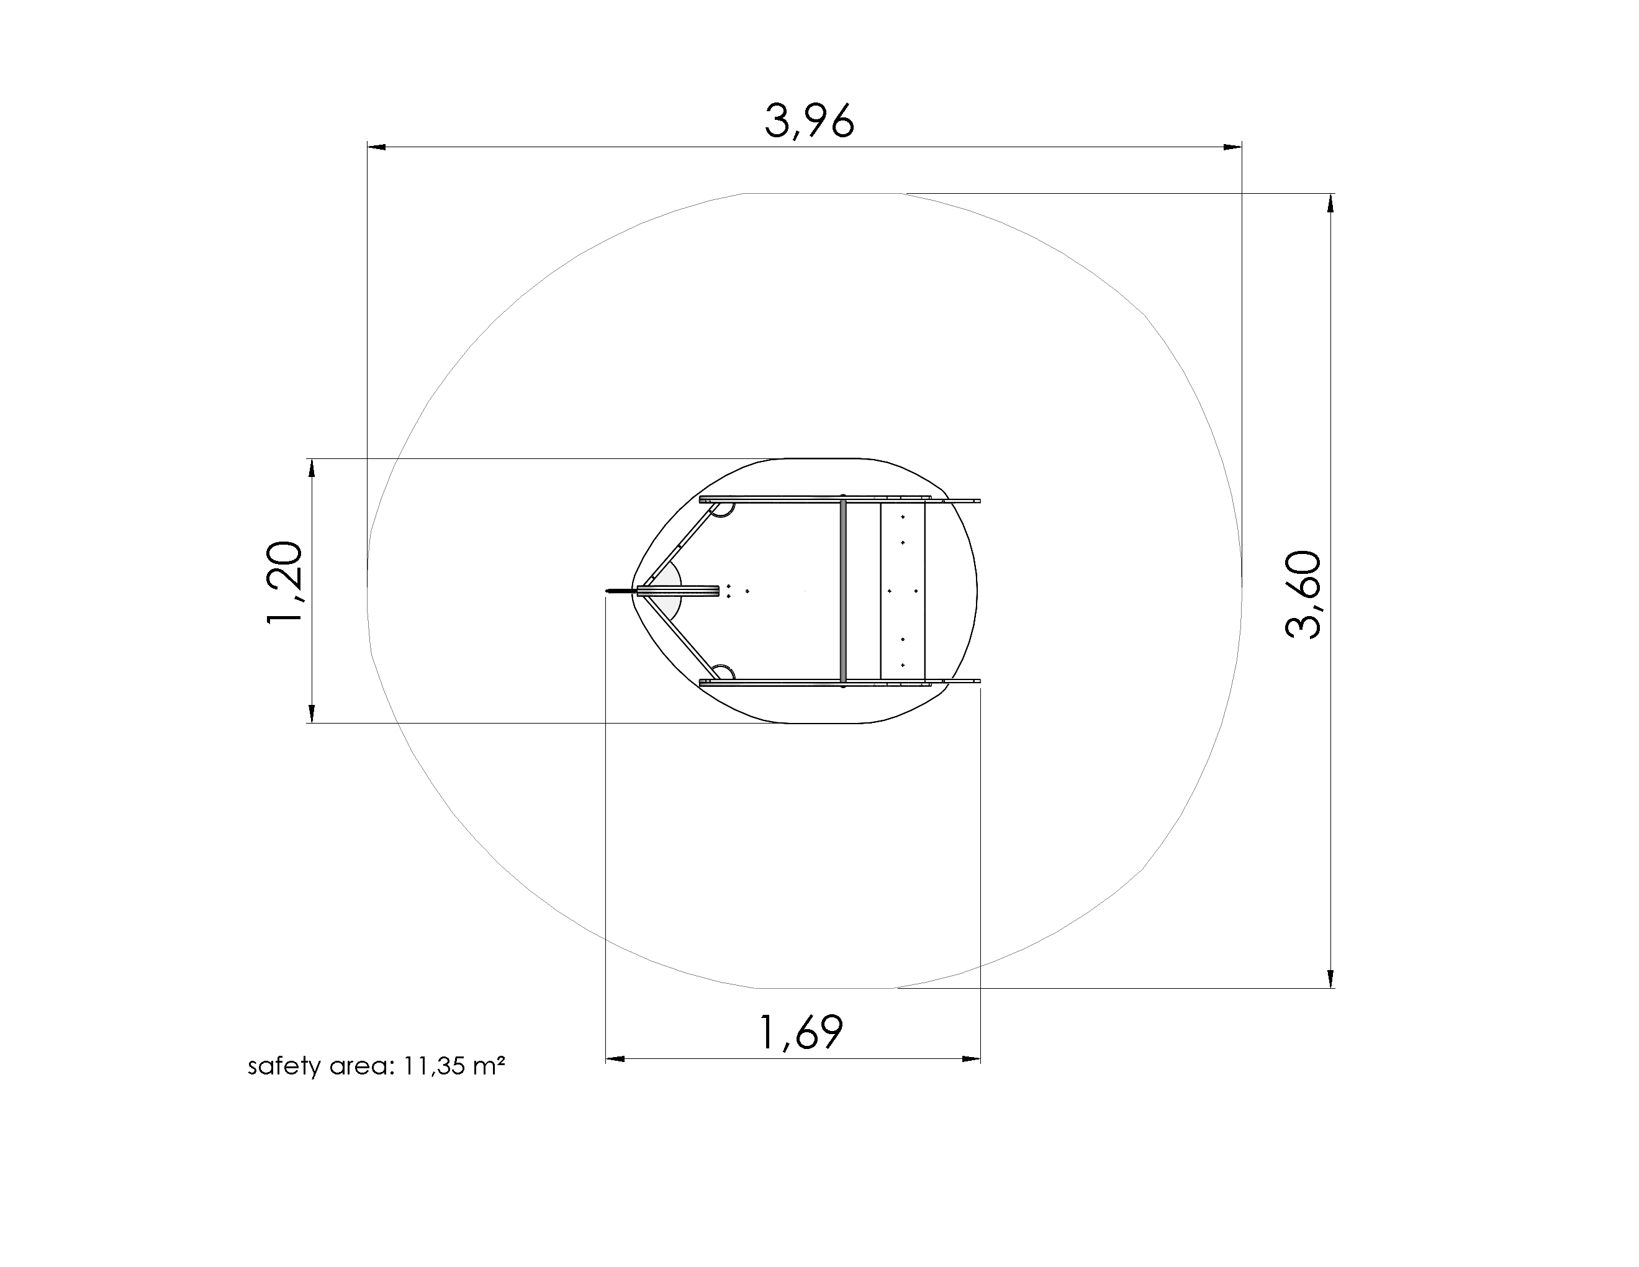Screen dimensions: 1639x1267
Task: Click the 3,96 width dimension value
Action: (809, 121)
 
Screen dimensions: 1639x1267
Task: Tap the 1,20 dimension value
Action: (285, 582)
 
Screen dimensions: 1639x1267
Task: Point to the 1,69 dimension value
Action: (801, 1032)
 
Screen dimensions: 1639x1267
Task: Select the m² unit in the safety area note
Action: (489, 1065)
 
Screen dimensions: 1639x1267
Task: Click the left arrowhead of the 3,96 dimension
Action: (377, 147)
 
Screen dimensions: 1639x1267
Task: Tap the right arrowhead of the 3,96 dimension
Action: (1232, 147)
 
